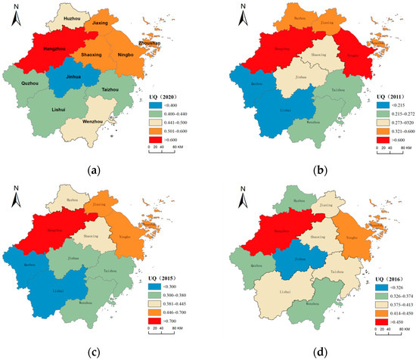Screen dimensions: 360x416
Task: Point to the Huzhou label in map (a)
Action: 78,17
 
